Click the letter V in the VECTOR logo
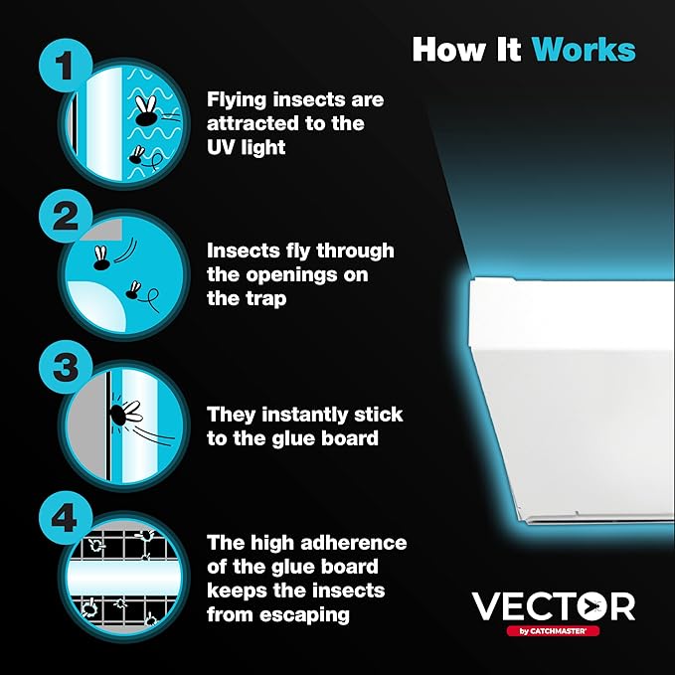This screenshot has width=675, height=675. (486, 606)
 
